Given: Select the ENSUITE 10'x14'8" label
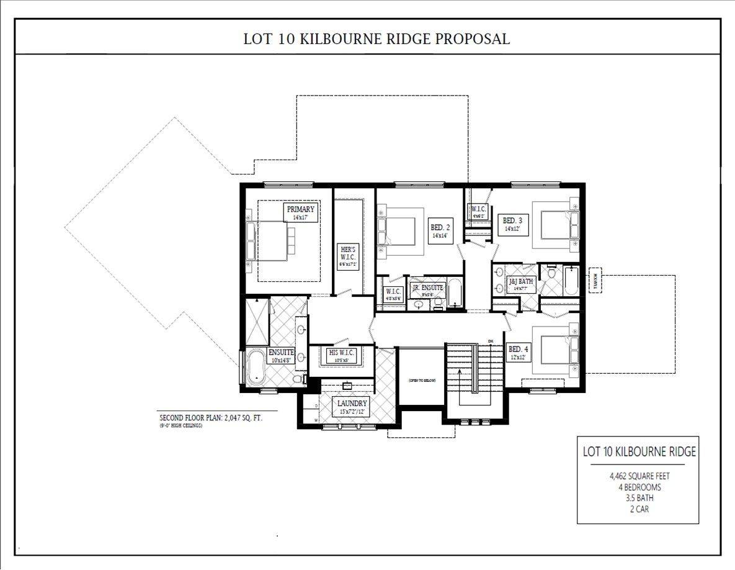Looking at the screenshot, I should pos(281,355).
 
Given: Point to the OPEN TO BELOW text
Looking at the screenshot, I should pos(421,379).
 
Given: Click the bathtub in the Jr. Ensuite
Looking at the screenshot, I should pos(455,294).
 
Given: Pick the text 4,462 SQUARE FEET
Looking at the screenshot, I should pos(639,476).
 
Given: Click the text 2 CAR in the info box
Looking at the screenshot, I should pos(639,509).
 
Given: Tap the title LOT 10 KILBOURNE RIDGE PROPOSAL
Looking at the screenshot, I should pos(376,39).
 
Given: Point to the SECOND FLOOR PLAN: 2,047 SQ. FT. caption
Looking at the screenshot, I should pos(211,418).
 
